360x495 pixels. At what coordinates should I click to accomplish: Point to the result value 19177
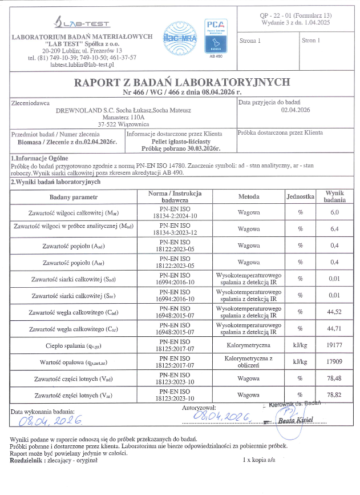[335, 345]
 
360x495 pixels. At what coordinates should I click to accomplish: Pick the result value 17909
[335, 362]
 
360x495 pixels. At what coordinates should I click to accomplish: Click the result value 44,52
[335, 312]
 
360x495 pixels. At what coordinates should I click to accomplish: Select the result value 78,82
[335, 395]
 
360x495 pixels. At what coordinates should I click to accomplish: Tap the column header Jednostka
[300, 196]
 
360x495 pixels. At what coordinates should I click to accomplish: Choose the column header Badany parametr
[74, 196]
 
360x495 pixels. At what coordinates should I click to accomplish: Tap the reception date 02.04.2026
[296, 110]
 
